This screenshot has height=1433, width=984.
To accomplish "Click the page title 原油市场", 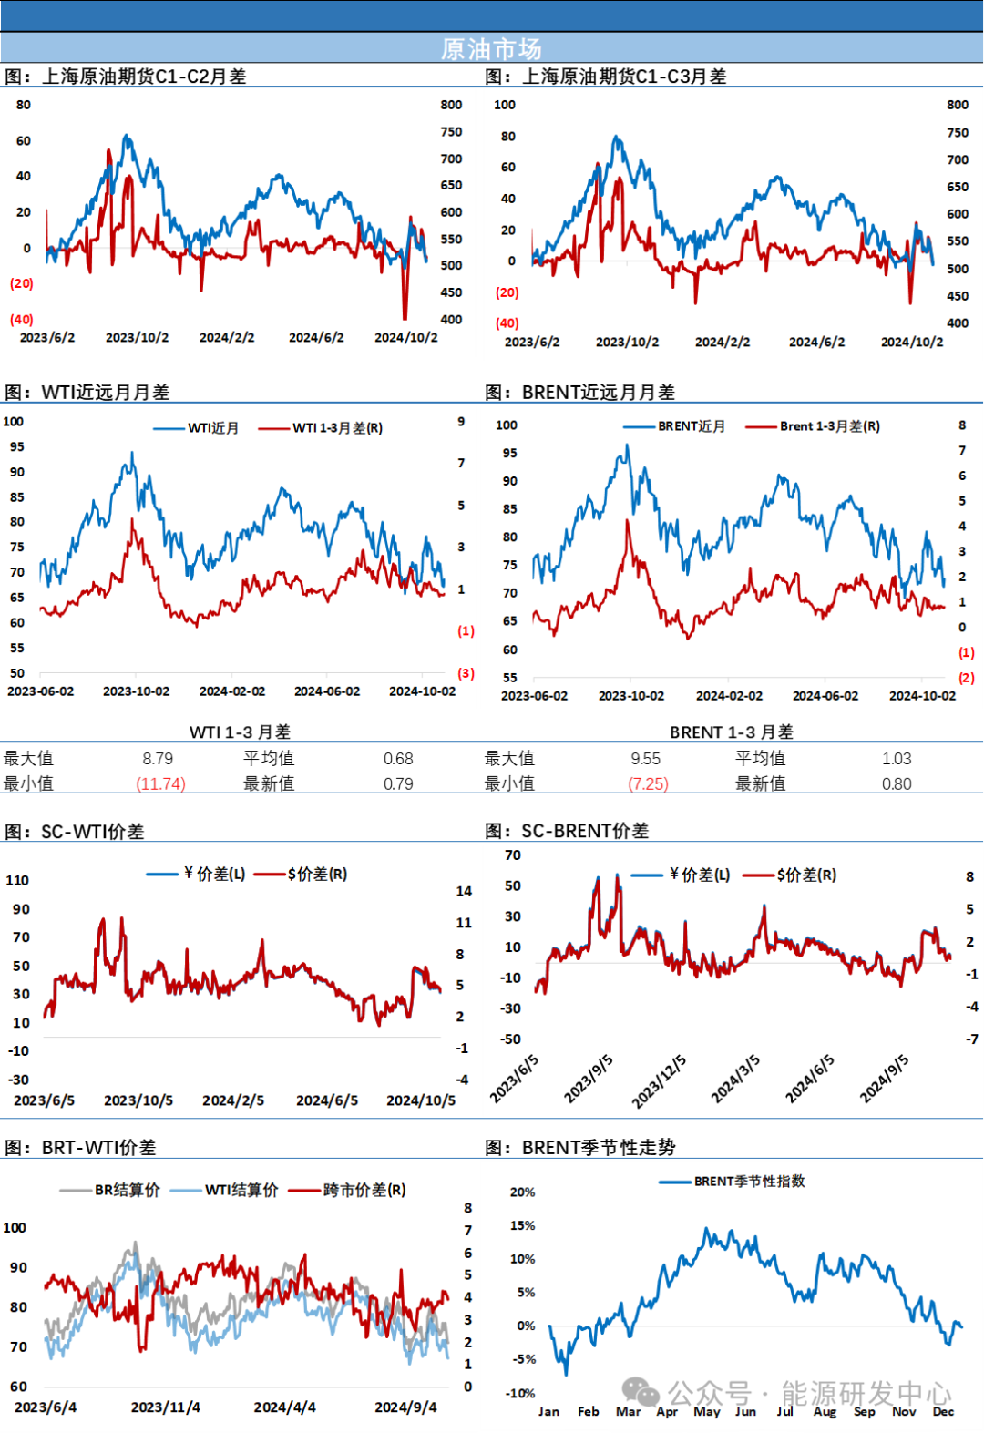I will (491, 48).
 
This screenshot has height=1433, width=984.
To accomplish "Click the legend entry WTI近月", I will (213, 428).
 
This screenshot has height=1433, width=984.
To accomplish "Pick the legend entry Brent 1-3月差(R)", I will (829, 426).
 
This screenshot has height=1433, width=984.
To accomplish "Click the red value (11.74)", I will (161, 783).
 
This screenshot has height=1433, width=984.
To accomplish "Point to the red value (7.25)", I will (649, 783).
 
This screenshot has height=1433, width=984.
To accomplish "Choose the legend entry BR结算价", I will (127, 1190).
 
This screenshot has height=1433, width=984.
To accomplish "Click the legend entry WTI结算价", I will (241, 1190).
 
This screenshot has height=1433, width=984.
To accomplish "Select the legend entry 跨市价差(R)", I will (364, 1190).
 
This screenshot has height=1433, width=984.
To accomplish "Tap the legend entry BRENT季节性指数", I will (749, 1182).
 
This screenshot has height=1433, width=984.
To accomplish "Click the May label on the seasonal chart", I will (706, 1411).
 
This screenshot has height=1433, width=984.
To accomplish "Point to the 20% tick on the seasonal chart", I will (522, 1192).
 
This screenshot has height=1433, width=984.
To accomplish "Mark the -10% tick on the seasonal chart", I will (520, 1393).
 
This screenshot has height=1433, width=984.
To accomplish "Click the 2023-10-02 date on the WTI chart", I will (136, 691).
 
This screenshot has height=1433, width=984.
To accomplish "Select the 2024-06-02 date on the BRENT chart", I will (825, 696).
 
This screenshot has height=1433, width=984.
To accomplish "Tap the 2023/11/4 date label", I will (165, 1407).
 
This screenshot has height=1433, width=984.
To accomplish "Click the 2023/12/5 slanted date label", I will (659, 1082).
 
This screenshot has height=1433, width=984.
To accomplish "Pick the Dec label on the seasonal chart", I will (943, 1411).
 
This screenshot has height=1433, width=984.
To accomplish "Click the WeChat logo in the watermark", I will (641, 1392).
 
